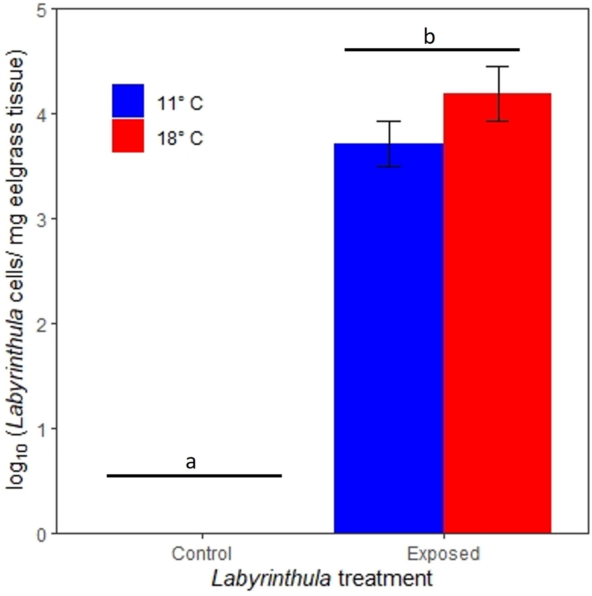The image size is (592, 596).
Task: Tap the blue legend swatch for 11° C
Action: (128, 101)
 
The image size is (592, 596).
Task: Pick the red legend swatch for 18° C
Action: (128, 136)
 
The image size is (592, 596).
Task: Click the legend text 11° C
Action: (180, 104)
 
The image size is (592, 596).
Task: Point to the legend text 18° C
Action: (180, 138)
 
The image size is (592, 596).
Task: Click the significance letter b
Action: (429, 37)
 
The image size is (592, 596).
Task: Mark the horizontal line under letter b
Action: (432, 50)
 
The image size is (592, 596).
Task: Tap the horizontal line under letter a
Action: (194, 476)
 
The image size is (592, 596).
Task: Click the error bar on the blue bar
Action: (389, 144)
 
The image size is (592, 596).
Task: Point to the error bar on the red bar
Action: (498, 94)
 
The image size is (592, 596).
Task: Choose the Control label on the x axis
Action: (202, 554)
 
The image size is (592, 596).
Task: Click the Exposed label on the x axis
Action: (443, 554)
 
